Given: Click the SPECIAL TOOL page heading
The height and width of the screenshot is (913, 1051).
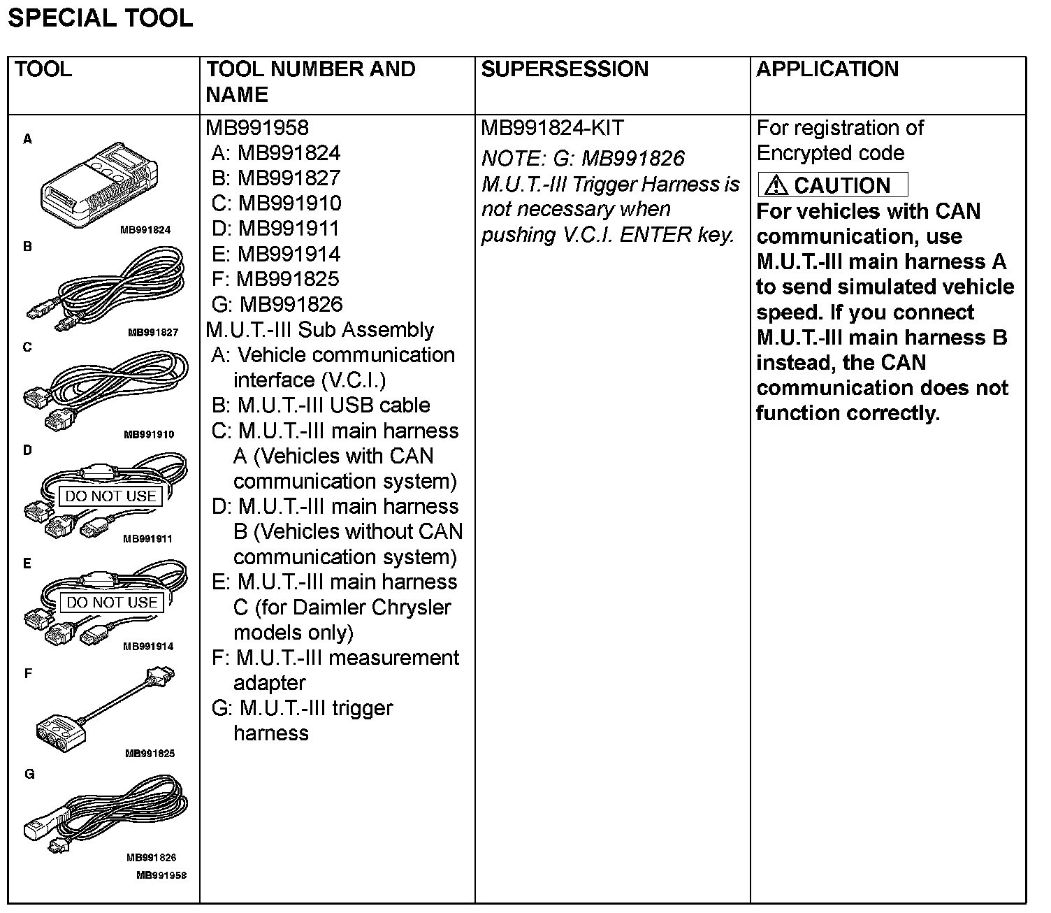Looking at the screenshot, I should click(x=100, y=18).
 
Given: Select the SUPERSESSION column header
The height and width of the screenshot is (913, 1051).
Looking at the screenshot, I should click(x=565, y=69).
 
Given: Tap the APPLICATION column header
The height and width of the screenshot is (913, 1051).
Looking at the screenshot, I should click(x=827, y=69).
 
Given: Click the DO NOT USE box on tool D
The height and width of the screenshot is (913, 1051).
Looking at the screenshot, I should click(x=111, y=496).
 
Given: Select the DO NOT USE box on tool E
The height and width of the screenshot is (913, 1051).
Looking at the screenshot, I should click(x=113, y=603).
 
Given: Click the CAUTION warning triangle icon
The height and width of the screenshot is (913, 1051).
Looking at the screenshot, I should click(x=776, y=185).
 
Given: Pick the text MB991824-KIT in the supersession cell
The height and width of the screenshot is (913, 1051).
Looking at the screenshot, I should click(x=552, y=128).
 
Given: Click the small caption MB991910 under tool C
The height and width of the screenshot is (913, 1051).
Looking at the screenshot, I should click(x=149, y=434).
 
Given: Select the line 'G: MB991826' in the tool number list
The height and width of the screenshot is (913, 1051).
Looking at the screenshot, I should click(x=277, y=304).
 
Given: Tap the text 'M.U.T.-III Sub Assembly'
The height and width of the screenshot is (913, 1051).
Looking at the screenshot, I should click(x=319, y=329).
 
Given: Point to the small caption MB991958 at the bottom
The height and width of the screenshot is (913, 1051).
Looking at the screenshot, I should click(x=161, y=875).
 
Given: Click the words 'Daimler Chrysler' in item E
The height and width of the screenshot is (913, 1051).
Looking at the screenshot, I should click(x=372, y=607).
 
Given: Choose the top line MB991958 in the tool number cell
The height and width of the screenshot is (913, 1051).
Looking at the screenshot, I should click(x=256, y=128).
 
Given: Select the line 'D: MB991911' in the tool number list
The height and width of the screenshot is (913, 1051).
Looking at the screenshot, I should click(x=276, y=229).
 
